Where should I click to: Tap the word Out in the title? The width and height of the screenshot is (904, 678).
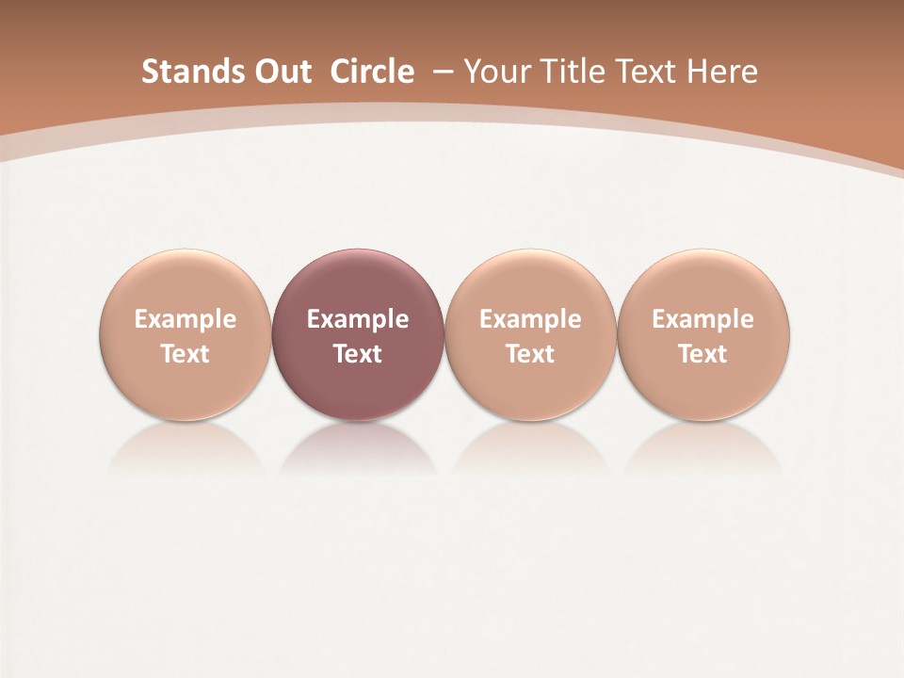tap(280, 72)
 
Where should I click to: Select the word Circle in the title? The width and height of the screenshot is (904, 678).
tap(372, 72)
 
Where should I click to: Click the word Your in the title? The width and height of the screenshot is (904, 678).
tap(496, 72)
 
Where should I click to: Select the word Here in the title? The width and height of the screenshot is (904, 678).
tap(725, 72)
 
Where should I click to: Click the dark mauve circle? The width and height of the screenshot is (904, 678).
tap(358, 282)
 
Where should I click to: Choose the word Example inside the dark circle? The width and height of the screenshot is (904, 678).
tap(358, 319)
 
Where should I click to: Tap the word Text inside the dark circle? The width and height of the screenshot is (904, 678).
tap(358, 354)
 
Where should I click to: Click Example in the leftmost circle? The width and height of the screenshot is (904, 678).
tap(186, 319)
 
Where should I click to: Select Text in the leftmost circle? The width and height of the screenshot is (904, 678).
tap(186, 354)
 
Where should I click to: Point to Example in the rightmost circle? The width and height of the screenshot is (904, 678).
tap(702, 319)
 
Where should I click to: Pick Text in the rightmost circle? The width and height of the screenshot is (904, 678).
tap(702, 354)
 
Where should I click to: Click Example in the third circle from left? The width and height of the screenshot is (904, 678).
tap(530, 319)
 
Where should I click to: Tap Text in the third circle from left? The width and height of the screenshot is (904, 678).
tap(530, 354)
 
